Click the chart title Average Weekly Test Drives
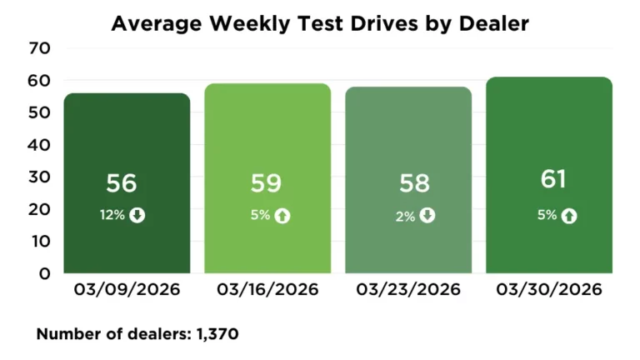tap(320, 23)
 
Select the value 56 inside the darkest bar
tap(121, 184)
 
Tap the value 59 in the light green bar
tap(267, 184)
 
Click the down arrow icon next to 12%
tap(137, 215)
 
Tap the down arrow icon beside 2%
tap(427, 216)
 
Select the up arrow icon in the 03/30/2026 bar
tap(570, 216)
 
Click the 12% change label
tap(112, 215)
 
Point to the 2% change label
tap(404, 216)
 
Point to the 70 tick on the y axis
tap(40, 48)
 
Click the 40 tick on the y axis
tap(40, 145)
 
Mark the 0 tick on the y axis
tap(45, 273)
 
